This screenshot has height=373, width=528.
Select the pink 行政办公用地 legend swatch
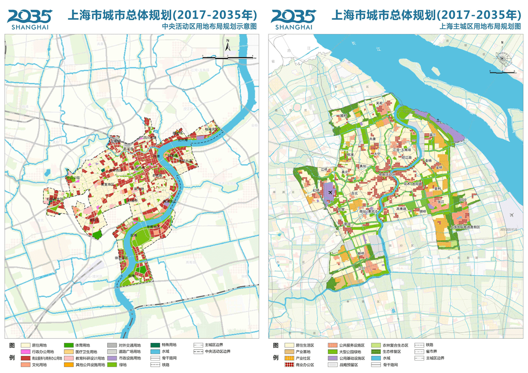coord(25,351)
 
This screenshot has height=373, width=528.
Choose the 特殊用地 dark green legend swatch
coord(155,345)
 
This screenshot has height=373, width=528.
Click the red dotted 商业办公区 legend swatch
coord(289,365)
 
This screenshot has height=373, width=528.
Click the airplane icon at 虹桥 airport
coord(330,193)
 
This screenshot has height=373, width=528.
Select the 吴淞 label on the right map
coord(380,103)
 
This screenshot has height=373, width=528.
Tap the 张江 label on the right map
coord(442,202)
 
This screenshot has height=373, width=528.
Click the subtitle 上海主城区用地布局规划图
coord(479,25)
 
